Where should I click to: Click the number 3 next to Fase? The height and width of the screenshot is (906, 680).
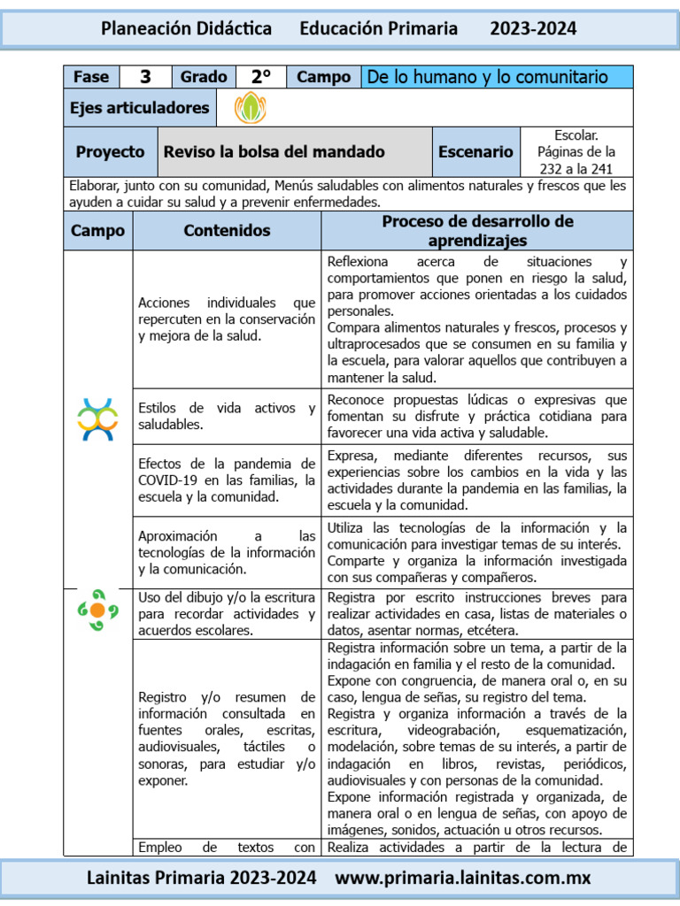(x=145, y=77)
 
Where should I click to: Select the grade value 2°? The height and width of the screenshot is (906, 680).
(x=261, y=77)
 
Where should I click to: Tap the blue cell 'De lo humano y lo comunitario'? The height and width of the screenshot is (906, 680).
(x=498, y=77)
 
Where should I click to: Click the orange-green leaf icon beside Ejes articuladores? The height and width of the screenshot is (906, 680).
(x=250, y=108)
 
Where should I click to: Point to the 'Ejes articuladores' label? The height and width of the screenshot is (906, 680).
(x=140, y=108)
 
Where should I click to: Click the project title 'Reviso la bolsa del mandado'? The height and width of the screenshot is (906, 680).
(x=274, y=151)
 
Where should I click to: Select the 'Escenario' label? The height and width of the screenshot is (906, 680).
(x=475, y=151)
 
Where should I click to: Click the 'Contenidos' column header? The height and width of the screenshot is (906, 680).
(x=227, y=231)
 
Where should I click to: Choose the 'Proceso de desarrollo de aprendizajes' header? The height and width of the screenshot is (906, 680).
(x=477, y=231)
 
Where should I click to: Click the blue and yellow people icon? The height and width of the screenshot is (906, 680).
(x=97, y=419)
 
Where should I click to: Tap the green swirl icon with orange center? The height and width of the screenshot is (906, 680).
(x=97, y=610)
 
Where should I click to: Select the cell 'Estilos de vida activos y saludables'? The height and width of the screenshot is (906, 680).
(x=227, y=416)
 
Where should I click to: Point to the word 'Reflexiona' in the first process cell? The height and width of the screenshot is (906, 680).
(x=357, y=262)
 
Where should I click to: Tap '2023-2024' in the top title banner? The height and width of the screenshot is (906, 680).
(x=533, y=29)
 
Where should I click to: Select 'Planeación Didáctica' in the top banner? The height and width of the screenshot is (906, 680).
(x=187, y=29)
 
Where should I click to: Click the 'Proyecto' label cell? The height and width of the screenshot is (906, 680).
(x=110, y=151)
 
